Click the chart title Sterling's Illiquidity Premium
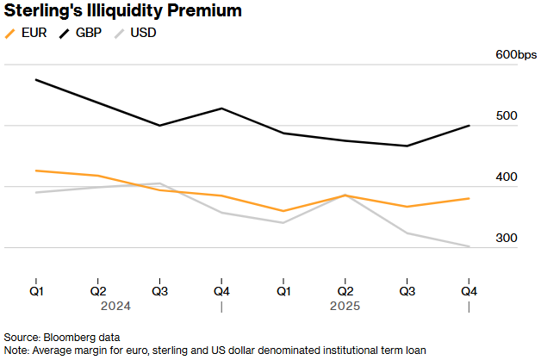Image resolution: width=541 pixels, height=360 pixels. tap(122, 11)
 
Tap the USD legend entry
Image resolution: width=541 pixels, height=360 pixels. tap(143, 34)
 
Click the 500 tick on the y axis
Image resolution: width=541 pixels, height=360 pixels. tap(506, 116)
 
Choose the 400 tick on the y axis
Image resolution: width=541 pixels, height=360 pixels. tap(506, 177)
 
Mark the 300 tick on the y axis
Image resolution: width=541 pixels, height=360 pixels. tap(506, 239)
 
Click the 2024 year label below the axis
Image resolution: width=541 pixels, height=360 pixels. tap(115, 306)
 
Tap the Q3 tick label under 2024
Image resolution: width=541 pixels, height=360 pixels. tap(160, 290)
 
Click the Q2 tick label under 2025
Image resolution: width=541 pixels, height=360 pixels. tap(345, 290)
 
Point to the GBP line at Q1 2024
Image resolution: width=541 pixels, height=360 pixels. tap(36, 80)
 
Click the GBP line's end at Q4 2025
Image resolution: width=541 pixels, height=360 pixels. tap(469, 126)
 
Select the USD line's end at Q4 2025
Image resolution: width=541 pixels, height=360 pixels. tap(469, 246)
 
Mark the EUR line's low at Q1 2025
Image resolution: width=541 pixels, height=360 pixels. tap(283, 211)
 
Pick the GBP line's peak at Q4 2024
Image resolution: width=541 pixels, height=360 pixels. tap(221, 109)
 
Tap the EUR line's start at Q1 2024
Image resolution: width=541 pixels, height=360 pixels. tap(36, 171)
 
